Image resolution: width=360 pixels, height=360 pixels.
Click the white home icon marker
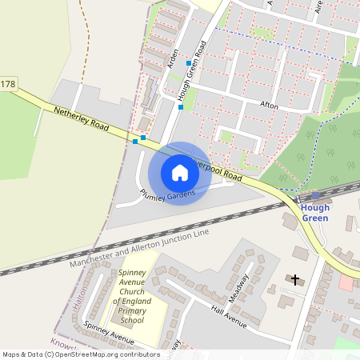click(180, 173)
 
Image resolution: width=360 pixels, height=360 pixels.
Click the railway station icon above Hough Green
click(315, 195)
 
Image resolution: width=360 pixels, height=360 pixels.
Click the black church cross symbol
click(296, 280)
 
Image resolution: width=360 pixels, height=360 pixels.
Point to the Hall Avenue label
click(229, 314)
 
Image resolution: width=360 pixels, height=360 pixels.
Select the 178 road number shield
click(7, 84)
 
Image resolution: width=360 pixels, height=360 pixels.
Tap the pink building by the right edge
click(346, 282)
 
